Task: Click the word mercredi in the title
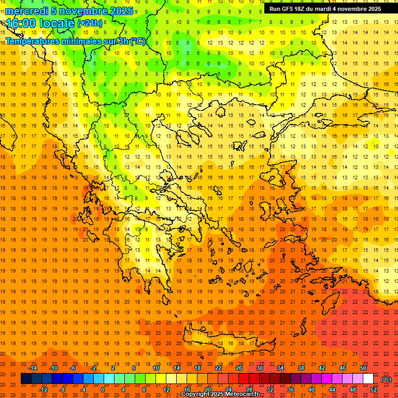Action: tap(26, 11)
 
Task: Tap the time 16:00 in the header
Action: tap(21, 23)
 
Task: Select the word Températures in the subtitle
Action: tap(33, 41)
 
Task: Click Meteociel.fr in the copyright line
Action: tap(242, 394)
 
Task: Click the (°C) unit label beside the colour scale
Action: tap(386, 379)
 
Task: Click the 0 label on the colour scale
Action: tap(103, 390)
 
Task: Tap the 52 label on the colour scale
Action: tap(374, 390)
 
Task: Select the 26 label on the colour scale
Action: tap(239, 368)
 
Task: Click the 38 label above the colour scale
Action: tap(301, 368)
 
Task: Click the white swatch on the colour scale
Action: tap(368, 379)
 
